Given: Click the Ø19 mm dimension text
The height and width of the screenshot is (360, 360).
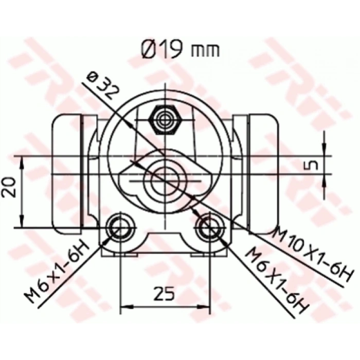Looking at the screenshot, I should [179, 49].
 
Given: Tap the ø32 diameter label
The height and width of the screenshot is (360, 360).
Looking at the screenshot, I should [103, 86].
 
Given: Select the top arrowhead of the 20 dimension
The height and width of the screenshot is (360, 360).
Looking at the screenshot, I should [22, 160].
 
